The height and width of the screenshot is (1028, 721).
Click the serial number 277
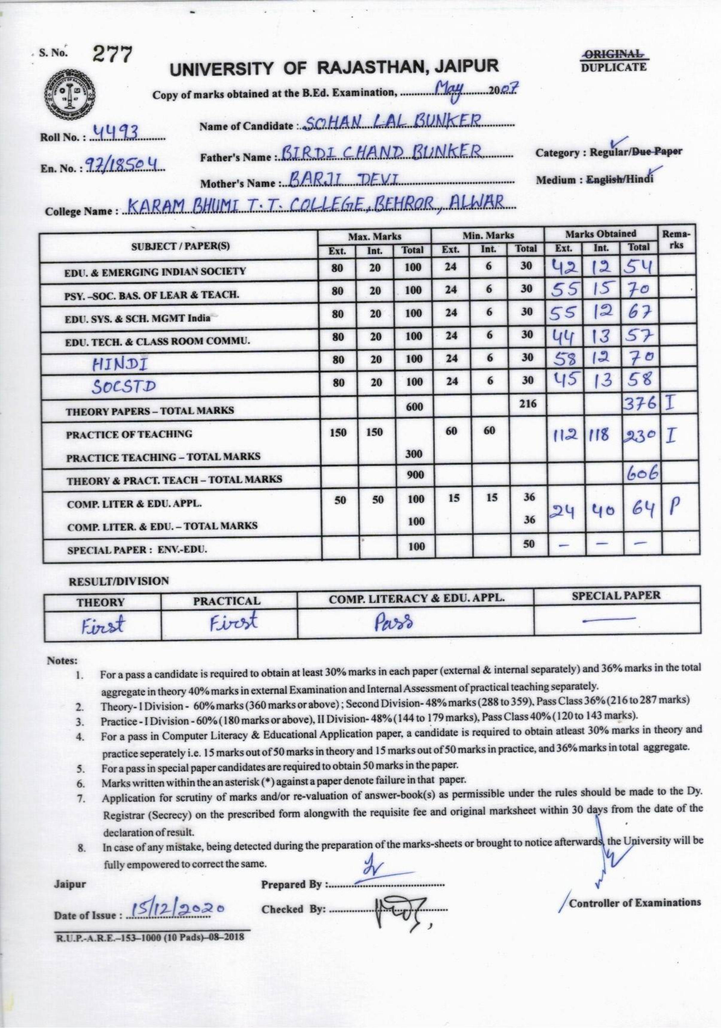click(113, 55)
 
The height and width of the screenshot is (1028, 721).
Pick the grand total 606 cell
click(641, 474)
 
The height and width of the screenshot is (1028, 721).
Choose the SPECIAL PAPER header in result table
click(617, 595)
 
